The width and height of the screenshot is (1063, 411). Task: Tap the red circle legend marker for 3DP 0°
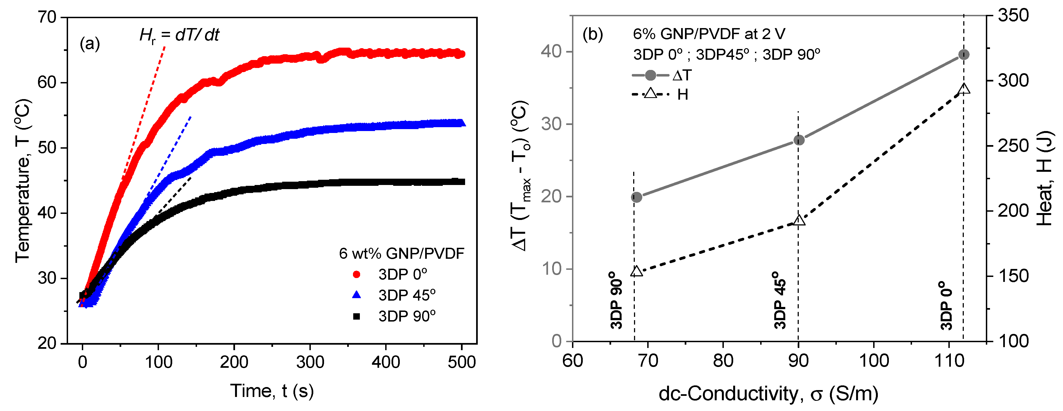tap(357, 274)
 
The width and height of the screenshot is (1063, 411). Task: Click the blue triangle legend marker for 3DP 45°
tap(357, 295)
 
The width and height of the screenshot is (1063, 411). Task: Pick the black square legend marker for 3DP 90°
tap(357, 316)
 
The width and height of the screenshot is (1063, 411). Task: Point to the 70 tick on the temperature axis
tap(46, 17)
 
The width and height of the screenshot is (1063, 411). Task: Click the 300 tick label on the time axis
tap(310, 362)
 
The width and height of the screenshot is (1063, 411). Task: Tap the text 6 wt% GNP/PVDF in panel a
tap(401, 253)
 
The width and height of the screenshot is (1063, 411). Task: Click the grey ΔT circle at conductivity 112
tap(964, 55)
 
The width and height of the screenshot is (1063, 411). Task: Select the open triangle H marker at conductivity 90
tap(799, 220)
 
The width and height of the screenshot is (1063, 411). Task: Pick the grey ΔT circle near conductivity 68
tap(637, 197)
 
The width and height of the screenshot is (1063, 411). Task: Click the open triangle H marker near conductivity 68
tap(637, 271)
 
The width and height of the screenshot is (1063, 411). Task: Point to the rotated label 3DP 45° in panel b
tap(780, 300)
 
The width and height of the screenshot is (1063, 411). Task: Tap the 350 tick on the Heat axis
tap(1013, 16)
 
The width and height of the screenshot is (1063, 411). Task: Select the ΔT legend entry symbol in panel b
tap(650, 75)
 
